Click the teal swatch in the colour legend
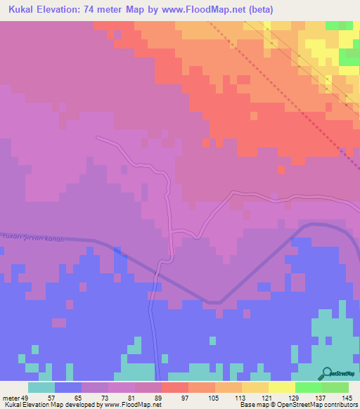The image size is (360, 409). (x=41, y=387)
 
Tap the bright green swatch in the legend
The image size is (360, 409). (x=309, y=387)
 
